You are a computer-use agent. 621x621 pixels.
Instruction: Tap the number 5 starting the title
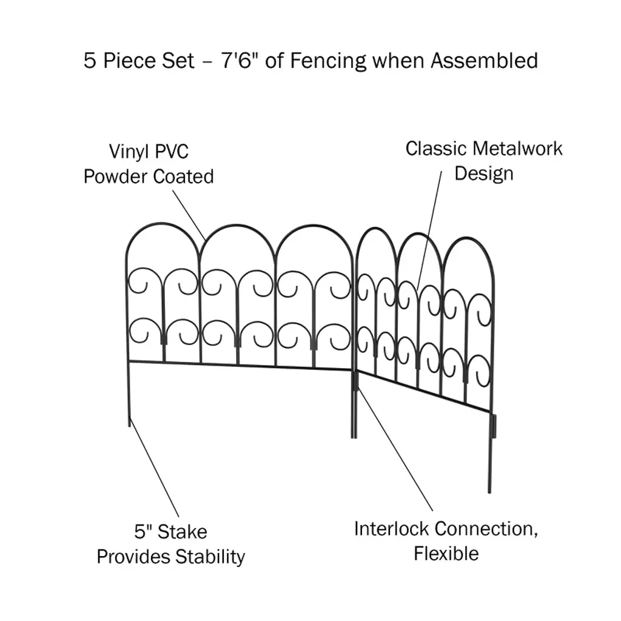click(90, 61)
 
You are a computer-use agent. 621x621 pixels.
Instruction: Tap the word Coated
click(183, 176)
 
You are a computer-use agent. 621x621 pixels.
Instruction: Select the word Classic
click(435, 149)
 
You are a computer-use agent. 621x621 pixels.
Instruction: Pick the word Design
click(484, 173)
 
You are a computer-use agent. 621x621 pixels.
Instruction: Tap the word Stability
click(210, 557)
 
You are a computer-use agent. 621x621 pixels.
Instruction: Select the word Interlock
click(392, 529)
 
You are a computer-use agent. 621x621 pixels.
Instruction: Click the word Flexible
click(446, 554)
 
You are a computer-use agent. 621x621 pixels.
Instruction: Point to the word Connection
click(486, 529)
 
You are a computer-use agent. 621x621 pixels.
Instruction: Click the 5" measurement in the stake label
click(143, 532)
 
